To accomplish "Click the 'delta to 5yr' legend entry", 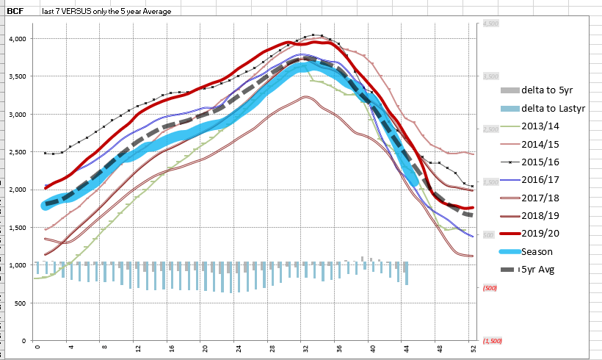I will click(x=548, y=90).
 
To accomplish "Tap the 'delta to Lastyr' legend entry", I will click(x=552, y=108).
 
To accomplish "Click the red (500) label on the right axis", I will click(x=490, y=288).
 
